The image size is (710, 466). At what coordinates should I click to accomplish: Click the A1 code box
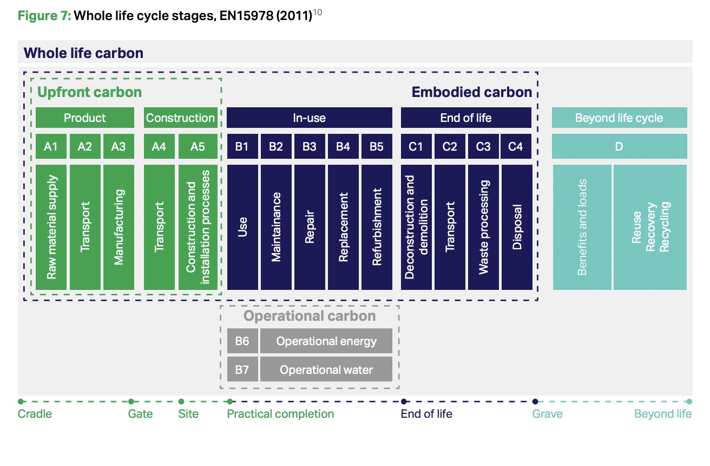pyautogui.click(x=51, y=146)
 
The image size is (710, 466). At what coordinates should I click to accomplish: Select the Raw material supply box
pyautogui.click(x=51, y=227)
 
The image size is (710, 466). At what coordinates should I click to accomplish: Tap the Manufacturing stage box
pyautogui.click(x=119, y=227)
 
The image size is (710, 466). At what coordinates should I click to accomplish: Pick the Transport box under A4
pyautogui.click(x=159, y=227)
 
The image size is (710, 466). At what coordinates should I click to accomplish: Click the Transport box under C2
pyautogui.click(x=450, y=227)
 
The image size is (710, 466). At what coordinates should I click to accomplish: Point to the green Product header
pyautogui.click(x=85, y=118)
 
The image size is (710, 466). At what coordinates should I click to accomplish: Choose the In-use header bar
pyautogui.click(x=309, y=118)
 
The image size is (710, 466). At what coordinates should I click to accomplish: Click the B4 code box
pyautogui.click(x=343, y=146)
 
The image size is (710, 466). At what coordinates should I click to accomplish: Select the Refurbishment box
pyautogui.click(x=377, y=227)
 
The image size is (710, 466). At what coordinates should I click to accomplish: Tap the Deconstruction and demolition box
pyautogui.click(x=416, y=227)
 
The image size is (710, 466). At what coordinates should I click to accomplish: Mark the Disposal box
pyautogui.click(x=517, y=227)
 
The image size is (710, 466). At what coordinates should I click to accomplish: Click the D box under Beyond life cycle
pyautogui.click(x=619, y=146)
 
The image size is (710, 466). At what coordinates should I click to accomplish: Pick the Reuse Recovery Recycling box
pyautogui.click(x=650, y=227)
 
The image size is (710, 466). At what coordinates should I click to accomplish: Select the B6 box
pyautogui.click(x=242, y=341)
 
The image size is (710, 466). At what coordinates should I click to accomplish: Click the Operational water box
pyautogui.click(x=326, y=370)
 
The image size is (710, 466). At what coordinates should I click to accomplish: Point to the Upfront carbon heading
pyautogui.click(x=89, y=92)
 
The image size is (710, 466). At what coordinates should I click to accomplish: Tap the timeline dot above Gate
pyautogui.click(x=131, y=402)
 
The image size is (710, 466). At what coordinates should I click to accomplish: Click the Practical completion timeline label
pyautogui.click(x=280, y=414)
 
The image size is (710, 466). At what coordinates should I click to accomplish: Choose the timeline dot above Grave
pyautogui.click(x=535, y=402)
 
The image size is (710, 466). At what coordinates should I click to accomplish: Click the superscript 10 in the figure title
pyautogui.click(x=318, y=13)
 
